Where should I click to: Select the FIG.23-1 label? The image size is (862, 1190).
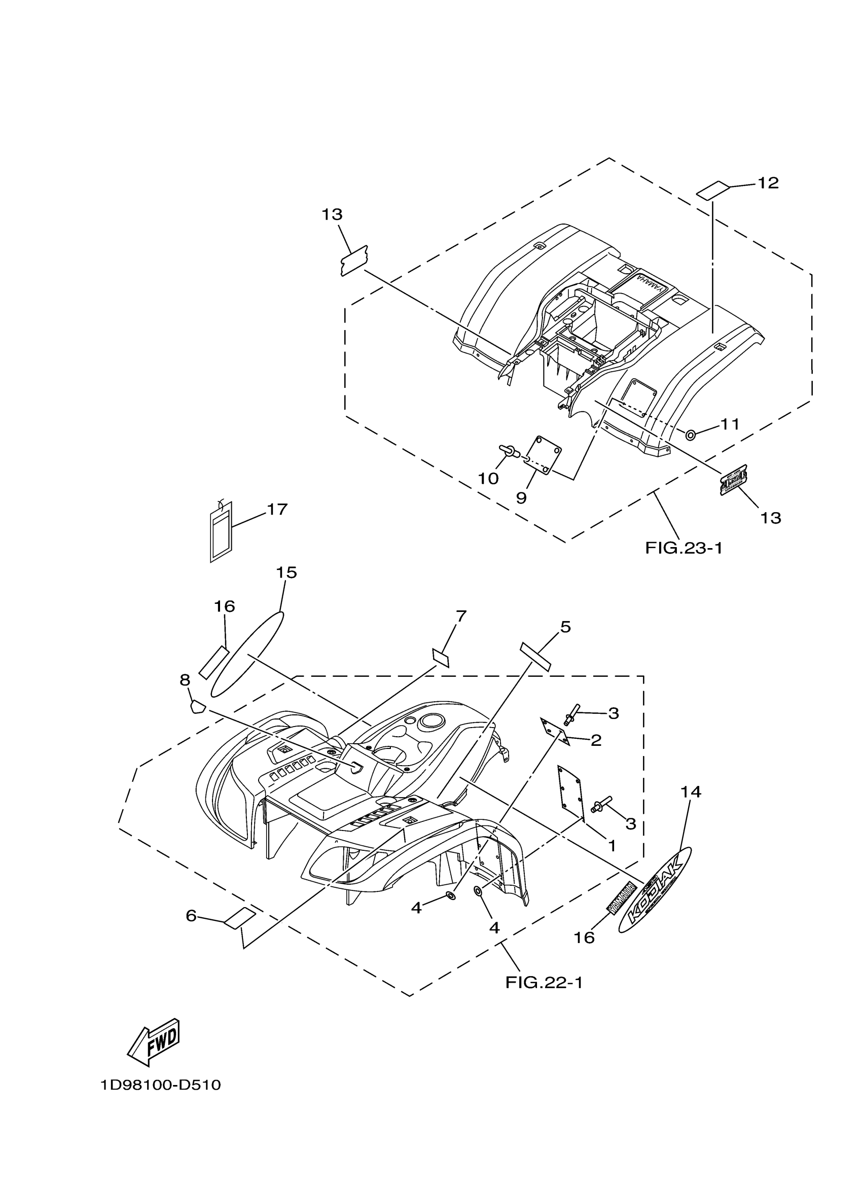[x=684, y=548]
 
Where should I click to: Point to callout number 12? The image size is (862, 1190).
[x=768, y=183]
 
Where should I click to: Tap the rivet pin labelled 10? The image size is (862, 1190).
[x=508, y=450]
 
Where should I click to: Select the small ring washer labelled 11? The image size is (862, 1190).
[x=691, y=435]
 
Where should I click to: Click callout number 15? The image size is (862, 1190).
[x=286, y=572]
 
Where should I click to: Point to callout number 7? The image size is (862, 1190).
[x=460, y=617]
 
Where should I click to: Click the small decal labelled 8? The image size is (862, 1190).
[x=196, y=706]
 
